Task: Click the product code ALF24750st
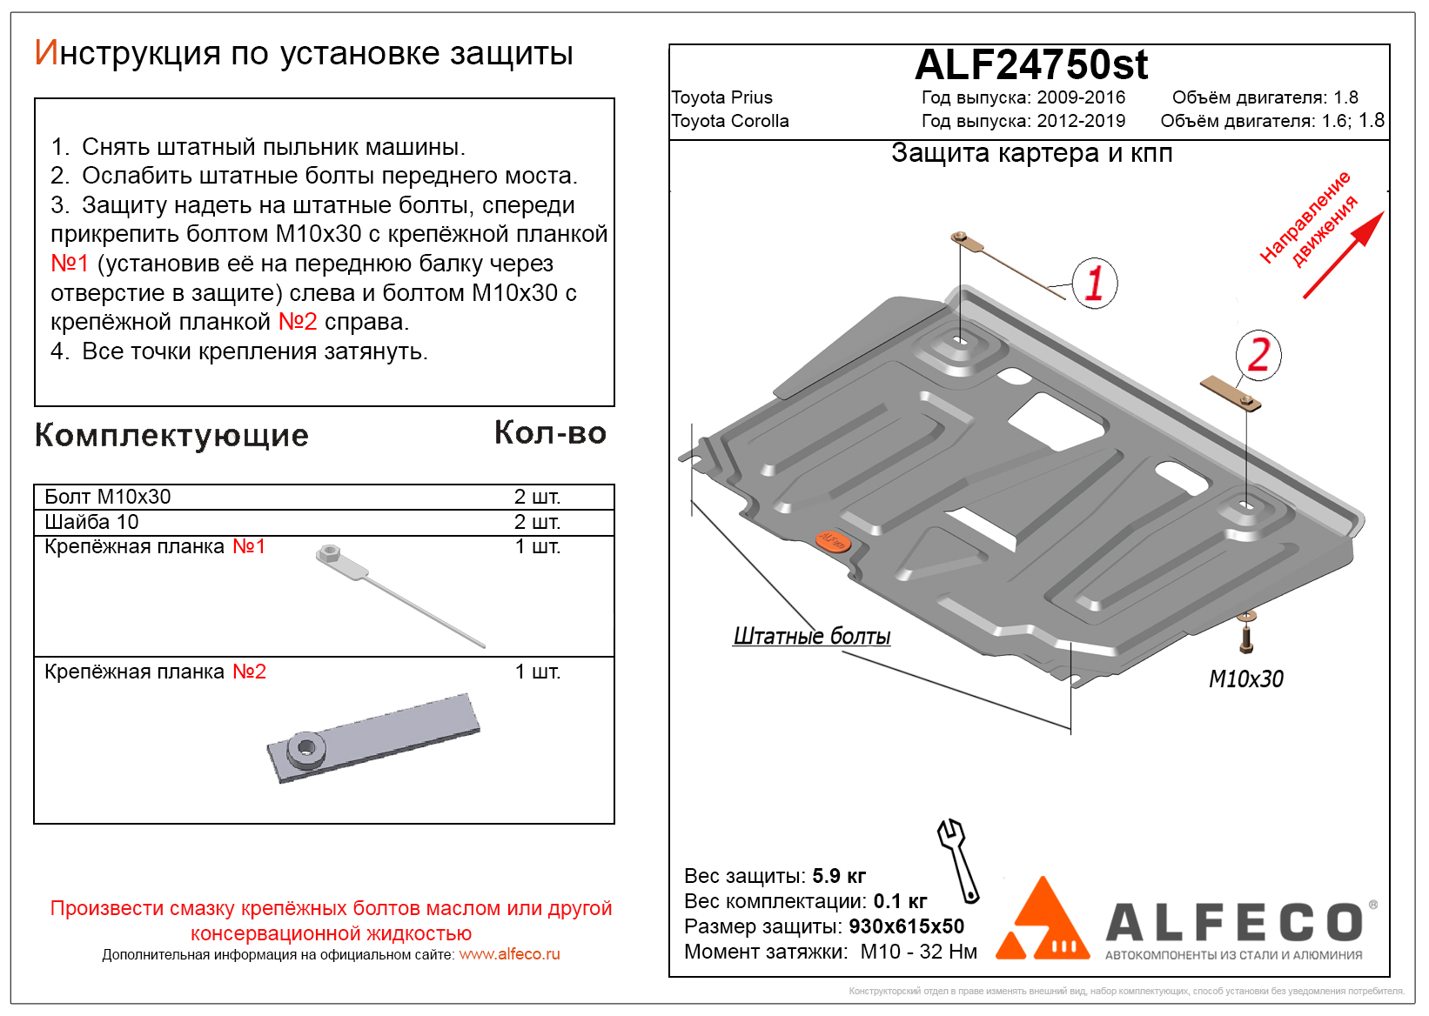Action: [x=1030, y=65]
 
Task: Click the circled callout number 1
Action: [x=1094, y=283]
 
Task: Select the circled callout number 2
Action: [x=1258, y=355]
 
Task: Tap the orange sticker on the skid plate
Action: [x=833, y=541]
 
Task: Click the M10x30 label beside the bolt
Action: [x=1245, y=679]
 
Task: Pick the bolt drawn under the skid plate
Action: [x=1246, y=633]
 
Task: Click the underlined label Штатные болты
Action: [x=811, y=637]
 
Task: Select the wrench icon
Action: [x=958, y=859]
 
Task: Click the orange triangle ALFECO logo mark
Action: [x=1043, y=921]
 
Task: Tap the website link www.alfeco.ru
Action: [x=509, y=954]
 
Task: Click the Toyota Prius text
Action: [x=721, y=97]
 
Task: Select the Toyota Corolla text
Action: [x=729, y=121]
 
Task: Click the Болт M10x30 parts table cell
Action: [x=108, y=497]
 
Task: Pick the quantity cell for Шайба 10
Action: [x=537, y=522]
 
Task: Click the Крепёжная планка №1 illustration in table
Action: [x=399, y=597]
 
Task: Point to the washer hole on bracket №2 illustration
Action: [x=306, y=746]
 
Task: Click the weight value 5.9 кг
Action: [x=838, y=876]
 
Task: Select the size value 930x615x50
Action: [x=906, y=926]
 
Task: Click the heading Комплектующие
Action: [x=171, y=435]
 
